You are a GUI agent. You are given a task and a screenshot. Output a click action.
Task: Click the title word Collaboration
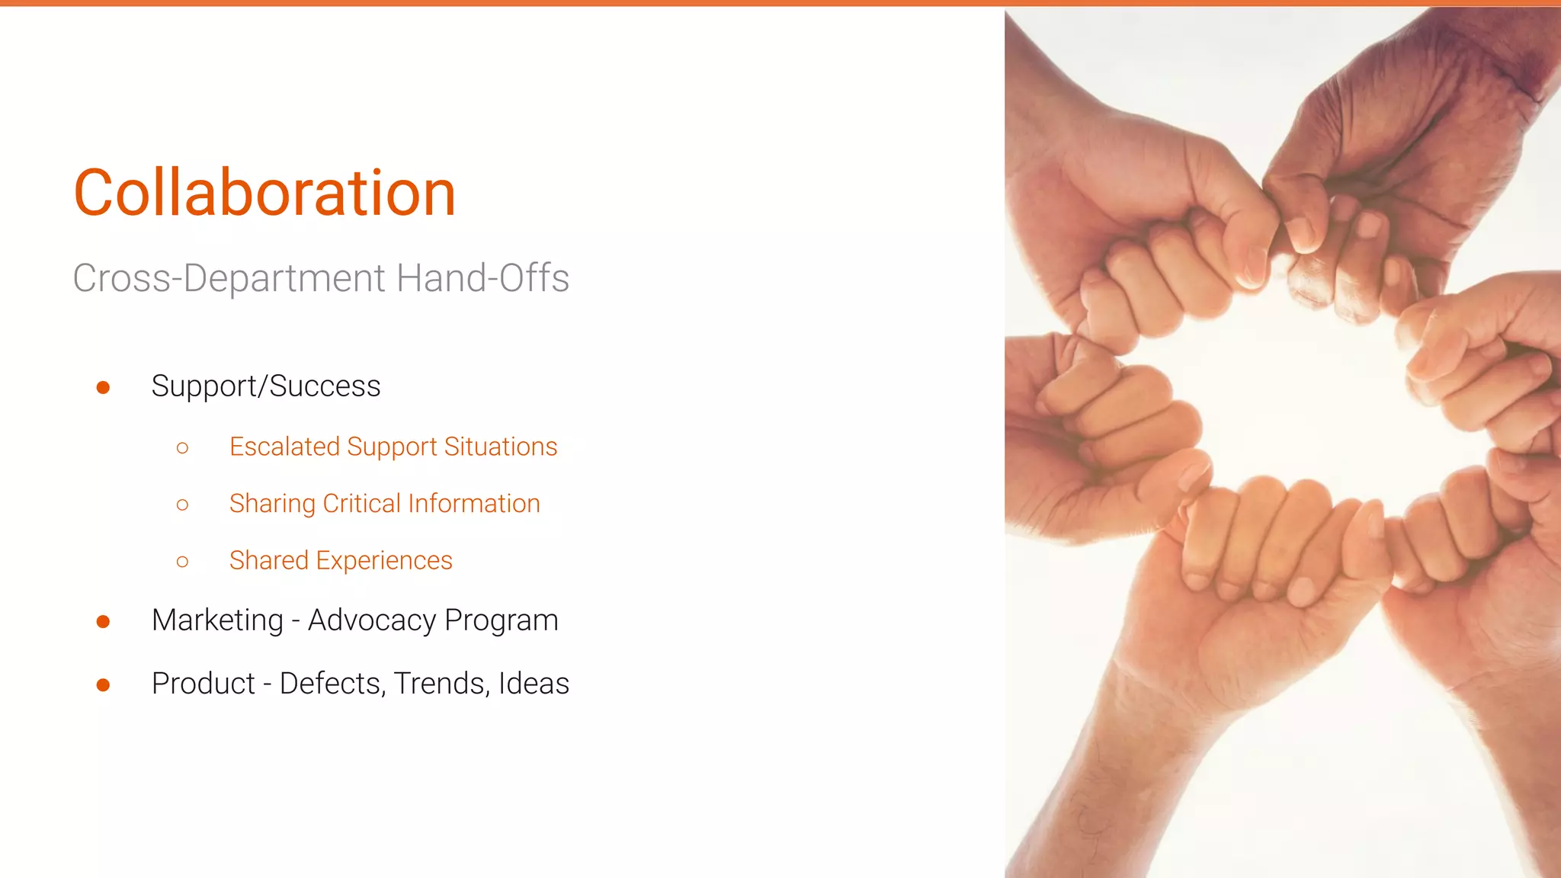(264, 193)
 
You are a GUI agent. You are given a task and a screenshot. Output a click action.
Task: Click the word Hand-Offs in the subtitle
(482, 278)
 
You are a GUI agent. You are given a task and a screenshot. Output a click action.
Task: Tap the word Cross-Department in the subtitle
(229, 278)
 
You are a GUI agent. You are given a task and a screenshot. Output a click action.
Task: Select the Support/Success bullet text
(266, 386)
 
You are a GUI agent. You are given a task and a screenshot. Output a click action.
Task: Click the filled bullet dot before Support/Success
(104, 388)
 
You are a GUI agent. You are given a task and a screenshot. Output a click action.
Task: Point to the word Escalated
(284, 447)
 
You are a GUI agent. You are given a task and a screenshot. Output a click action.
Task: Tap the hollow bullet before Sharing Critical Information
(182, 505)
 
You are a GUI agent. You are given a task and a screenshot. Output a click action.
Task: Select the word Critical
(361, 504)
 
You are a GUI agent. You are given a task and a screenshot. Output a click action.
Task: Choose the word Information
(474, 504)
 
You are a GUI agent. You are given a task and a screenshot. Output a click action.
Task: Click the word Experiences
(384, 562)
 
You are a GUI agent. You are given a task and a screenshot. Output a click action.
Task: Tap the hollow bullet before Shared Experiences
(182, 562)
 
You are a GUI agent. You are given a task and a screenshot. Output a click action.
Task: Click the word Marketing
(217, 621)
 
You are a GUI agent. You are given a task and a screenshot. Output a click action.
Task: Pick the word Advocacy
(372, 620)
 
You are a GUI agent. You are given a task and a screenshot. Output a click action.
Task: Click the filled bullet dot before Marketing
(104, 622)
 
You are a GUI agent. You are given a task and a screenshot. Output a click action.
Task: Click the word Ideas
(534, 684)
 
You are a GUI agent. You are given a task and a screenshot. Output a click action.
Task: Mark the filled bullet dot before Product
(104, 685)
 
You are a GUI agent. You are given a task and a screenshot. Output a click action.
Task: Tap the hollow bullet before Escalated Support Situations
(182, 447)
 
